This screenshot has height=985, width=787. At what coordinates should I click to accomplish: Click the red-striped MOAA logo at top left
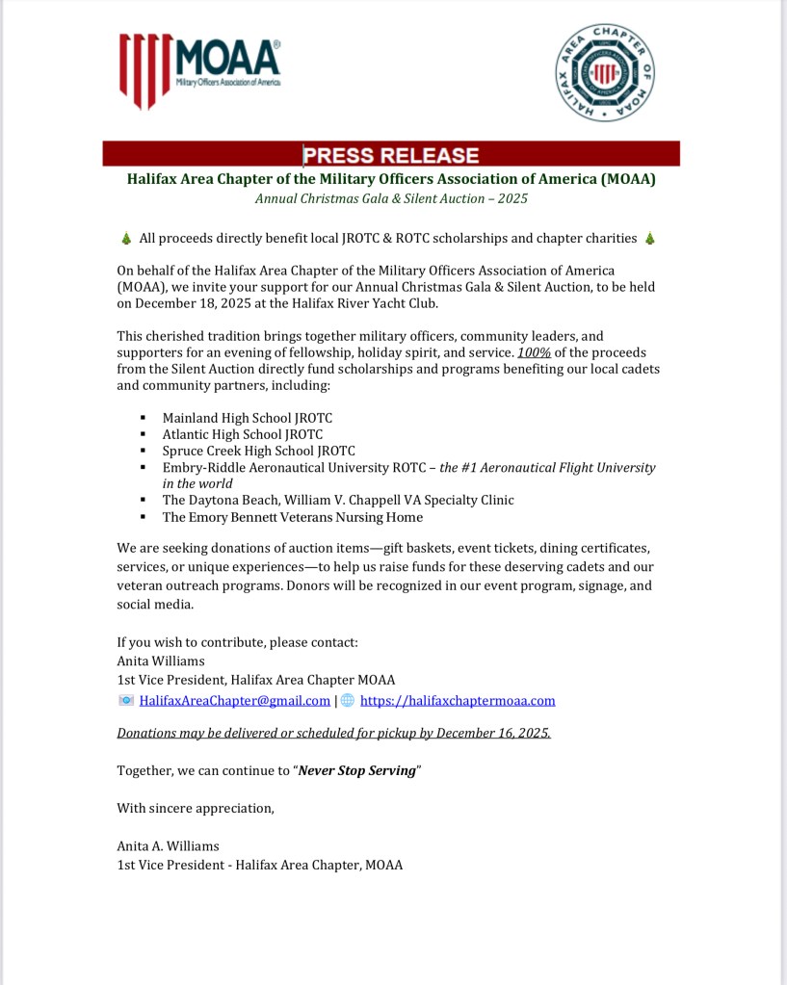(x=199, y=70)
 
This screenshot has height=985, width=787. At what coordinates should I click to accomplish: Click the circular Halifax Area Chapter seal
(x=604, y=73)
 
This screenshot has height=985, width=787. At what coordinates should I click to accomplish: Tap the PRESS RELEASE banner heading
(x=391, y=155)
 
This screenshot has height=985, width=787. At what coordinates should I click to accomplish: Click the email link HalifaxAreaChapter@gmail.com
(x=235, y=701)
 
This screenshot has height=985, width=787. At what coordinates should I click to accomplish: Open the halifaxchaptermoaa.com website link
(x=458, y=701)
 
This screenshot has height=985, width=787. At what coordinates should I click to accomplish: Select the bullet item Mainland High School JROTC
(x=247, y=419)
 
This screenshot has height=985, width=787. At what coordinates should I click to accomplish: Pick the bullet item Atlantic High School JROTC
(x=241, y=435)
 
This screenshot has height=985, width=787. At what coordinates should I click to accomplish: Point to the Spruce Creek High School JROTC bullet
(x=258, y=451)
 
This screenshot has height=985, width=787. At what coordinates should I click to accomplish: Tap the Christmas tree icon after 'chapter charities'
(x=650, y=239)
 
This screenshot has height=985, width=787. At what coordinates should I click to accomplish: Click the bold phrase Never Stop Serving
(x=356, y=771)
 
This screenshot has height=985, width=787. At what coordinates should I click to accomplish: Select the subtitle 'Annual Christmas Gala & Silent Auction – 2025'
(x=391, y=199)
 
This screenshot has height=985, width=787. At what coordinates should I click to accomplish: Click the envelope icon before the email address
(x=125, y=701)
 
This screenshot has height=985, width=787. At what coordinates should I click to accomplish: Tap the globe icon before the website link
(x=348, y=701)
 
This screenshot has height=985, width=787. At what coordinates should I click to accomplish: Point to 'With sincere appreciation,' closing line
(x=196, y=808)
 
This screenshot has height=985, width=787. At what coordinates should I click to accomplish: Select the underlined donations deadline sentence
(x=334, y=733)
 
